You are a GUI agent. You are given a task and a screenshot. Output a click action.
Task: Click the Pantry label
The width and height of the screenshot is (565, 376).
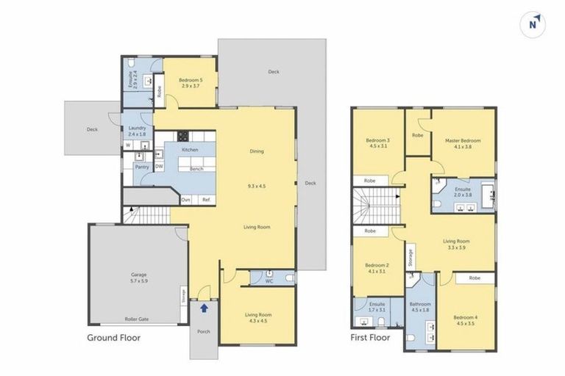142,167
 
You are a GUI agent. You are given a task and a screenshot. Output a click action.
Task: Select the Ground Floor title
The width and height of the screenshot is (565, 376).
113,339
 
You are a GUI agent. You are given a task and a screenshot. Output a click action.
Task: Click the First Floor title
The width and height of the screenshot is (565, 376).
370,339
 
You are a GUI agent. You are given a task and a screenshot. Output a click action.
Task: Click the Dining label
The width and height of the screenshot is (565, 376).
257,151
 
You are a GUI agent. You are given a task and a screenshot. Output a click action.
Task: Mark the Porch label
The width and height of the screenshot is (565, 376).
203,331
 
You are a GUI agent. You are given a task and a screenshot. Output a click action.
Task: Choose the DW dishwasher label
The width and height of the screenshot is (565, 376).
159,167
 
